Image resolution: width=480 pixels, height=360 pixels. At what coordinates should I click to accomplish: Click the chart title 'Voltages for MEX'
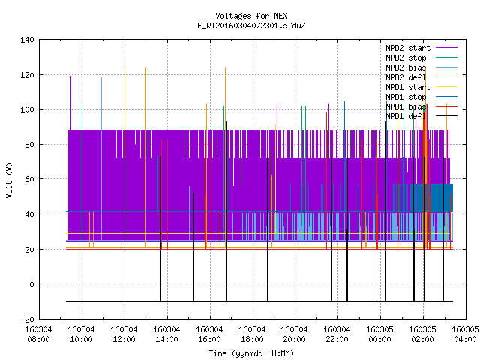coord(251,16)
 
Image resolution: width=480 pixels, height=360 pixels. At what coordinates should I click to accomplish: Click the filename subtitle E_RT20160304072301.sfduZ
coord(251,25)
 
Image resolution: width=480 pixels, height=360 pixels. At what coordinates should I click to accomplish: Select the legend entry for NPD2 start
coord(408,48)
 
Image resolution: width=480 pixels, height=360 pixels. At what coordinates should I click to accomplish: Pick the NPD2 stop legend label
coord(406,58)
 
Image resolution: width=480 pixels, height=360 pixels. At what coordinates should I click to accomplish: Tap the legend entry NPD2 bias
coord(406,67)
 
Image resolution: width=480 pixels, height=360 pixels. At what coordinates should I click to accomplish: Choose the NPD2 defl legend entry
coord(406,77)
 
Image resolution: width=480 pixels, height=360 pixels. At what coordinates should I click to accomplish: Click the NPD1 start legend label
coord(408,87)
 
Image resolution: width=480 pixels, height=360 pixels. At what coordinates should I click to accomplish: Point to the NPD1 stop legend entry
coord(406,97)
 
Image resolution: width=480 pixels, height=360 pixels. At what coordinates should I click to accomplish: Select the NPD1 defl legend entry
coord(406,116)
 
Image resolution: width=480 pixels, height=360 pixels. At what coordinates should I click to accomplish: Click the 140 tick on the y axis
coord(27,40)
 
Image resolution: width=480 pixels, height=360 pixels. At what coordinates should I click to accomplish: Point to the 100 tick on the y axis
coord(27,109)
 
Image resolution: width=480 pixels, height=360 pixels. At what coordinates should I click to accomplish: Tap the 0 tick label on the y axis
coord(31,284)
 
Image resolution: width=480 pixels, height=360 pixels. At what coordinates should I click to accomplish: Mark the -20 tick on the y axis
coord(27,319)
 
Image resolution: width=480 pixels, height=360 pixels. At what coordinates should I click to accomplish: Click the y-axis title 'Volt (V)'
coord(9,180)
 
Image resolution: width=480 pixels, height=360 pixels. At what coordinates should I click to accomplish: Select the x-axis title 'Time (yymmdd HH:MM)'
coord(251,353)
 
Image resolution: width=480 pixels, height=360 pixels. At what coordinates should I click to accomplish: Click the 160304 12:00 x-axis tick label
coord(124,334)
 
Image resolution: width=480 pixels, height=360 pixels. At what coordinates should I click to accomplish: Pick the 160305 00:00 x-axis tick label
coord(380,334)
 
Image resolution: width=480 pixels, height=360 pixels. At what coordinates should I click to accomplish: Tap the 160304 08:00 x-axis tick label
coord(38,334)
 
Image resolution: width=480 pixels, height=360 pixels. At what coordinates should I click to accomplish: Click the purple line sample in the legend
coord(446,48)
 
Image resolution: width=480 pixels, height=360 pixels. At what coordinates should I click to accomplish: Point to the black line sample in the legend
coord(446,116)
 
